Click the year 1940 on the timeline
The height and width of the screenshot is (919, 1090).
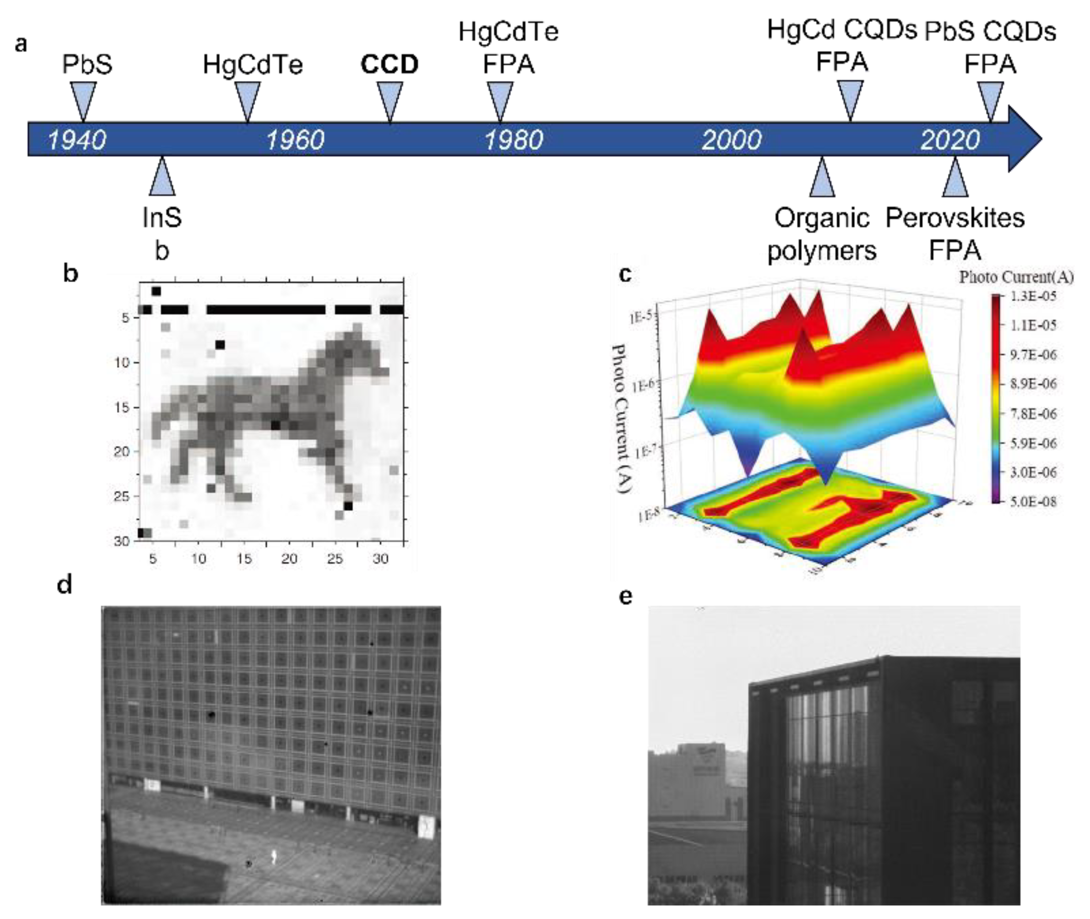point(77,140)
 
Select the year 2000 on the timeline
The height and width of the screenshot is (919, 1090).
point(731,140)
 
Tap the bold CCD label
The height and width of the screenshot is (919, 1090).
point(390,65)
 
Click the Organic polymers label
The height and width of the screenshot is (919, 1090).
point(822,235)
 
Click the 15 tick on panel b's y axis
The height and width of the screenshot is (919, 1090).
point(122,407)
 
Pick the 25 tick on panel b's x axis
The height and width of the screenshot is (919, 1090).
point(334,559)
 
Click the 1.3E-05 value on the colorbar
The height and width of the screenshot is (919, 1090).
point(1033,296)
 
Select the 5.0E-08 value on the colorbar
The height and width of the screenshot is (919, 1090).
point(1033,501)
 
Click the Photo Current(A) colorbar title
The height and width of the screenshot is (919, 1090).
point(1016,277)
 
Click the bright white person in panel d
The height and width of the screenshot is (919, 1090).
point(274,856)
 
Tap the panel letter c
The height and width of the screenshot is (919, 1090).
point(625,273)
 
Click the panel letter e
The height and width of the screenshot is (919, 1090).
point(625,596)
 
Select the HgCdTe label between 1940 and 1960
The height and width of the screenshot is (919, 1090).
point(253,65)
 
